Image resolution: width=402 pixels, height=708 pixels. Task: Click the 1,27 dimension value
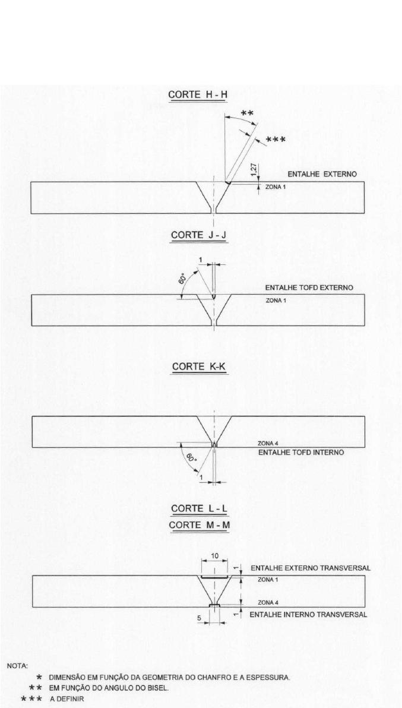point(254,170)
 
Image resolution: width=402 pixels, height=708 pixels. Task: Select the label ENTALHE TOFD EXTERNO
point(309,287)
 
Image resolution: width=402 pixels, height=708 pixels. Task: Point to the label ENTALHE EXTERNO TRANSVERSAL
point(311,568)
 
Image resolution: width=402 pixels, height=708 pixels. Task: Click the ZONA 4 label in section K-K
point(265,443)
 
